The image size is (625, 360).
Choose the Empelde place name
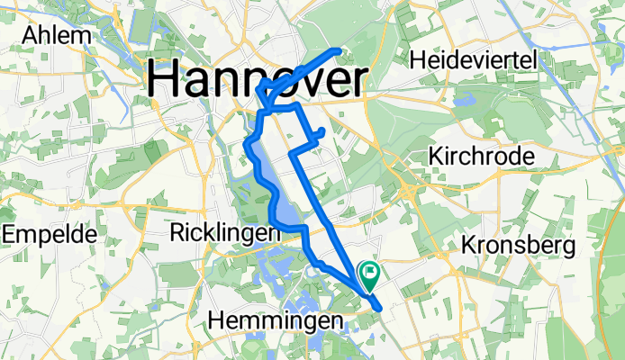(50, 234)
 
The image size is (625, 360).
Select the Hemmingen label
(276, 319)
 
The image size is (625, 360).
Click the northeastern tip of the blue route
(340, 50)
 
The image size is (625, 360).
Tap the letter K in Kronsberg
(467, 244)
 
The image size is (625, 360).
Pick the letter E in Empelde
(8, 234)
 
